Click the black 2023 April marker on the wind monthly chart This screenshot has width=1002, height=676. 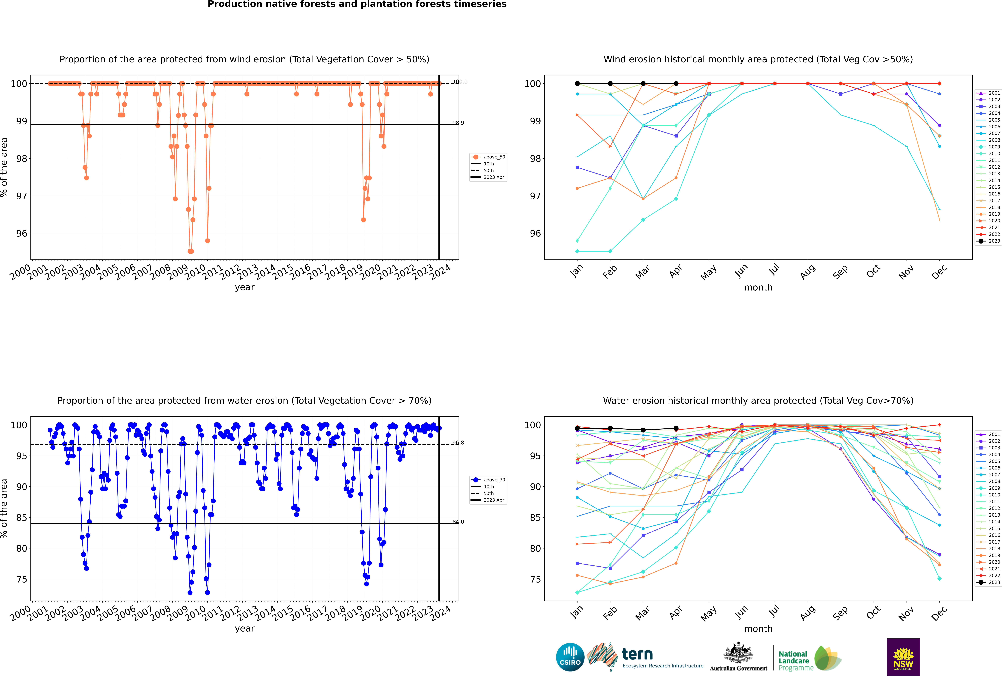tap(676, 84)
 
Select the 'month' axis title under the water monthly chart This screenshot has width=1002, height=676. tap(758, 629)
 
